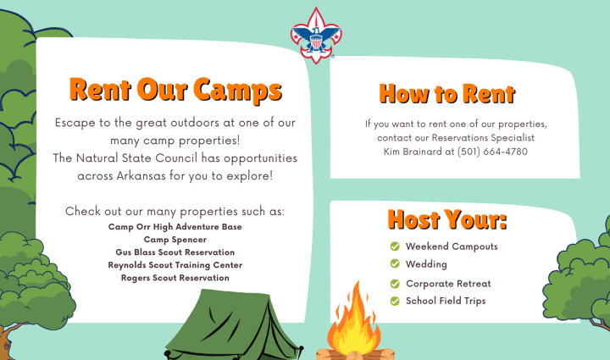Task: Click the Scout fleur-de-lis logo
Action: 316,36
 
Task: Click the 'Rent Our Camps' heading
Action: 175,90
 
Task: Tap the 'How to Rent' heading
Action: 447,94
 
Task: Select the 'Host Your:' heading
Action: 447,219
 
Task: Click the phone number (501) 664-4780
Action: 492,152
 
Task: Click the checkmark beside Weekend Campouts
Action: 395,246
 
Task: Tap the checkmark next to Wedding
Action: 395,264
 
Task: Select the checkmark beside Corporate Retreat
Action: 395,284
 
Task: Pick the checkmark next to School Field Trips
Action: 395,302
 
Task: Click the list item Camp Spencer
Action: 175,240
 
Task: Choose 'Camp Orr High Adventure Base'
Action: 175,227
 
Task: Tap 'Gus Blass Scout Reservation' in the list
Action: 175,252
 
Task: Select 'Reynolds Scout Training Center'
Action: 175,265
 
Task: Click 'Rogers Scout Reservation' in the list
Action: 175,278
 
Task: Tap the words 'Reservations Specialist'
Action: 483,138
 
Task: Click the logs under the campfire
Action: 355,355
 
